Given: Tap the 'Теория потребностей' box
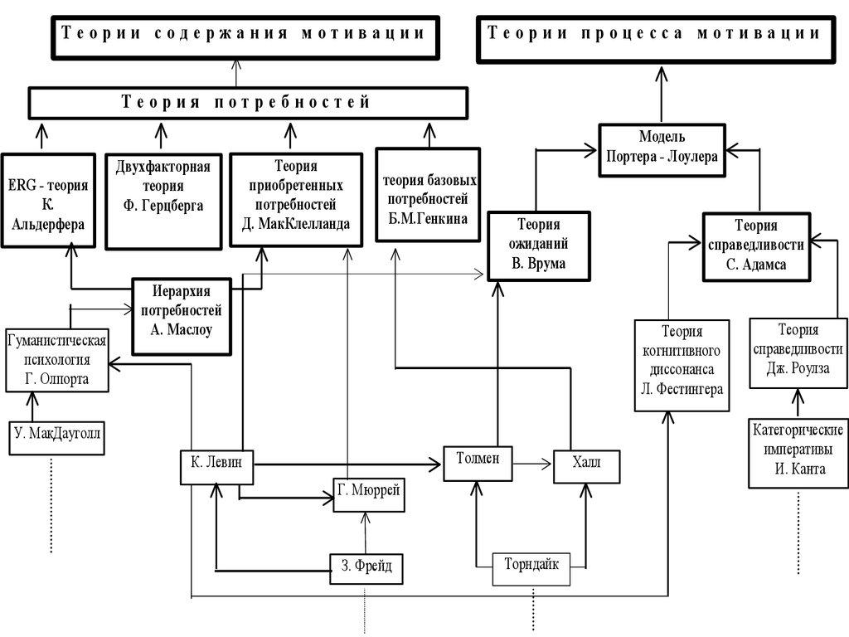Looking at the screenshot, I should [x=247, y=103].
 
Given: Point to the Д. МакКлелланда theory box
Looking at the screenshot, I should [x=295, y=199].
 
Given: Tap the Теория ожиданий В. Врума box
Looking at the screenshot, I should [x=538, y=246].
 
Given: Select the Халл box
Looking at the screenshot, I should [x=585, y=466].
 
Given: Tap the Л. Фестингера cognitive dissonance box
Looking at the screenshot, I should [x=682, y=366].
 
